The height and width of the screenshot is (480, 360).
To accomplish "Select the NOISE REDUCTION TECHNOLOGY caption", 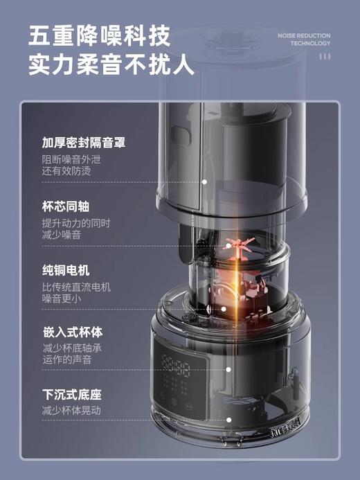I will point(304,39).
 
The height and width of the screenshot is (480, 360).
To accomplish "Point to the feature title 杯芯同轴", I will point(66,207).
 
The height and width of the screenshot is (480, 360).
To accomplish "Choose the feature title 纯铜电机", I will point(66,270).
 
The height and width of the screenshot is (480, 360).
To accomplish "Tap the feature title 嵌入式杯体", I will point(71,333).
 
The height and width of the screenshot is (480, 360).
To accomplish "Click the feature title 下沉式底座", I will point(71,395).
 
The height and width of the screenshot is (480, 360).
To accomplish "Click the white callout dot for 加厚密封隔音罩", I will point(205,181).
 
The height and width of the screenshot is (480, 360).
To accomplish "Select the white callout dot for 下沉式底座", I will point(205,420).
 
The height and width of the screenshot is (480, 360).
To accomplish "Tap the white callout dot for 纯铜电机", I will point(223,310).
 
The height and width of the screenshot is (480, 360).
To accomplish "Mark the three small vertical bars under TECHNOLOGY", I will point(325,56).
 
